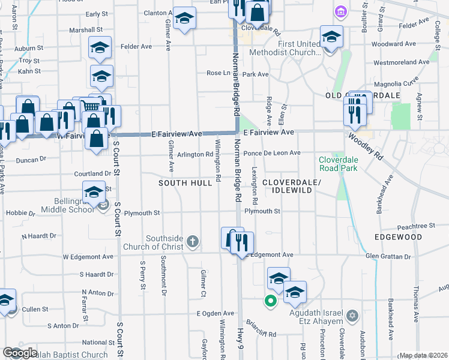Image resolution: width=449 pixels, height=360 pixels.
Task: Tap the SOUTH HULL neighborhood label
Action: coord(185,182)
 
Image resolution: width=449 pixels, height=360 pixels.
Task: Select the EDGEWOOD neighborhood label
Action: coord(399,238)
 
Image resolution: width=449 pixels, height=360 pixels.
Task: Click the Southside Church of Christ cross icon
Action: coord(192,242)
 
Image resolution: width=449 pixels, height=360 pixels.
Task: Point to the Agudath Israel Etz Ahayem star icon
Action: coord(352,315)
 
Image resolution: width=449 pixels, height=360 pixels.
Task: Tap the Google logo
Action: coord(20,353)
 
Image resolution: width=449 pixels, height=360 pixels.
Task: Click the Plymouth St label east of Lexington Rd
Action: coord(262,211)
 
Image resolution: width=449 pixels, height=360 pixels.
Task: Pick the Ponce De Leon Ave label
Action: coord(270,153)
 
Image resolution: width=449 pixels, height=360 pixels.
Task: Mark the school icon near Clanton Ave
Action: coord(185,19)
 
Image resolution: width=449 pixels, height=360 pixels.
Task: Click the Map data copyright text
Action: coord(423,355)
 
